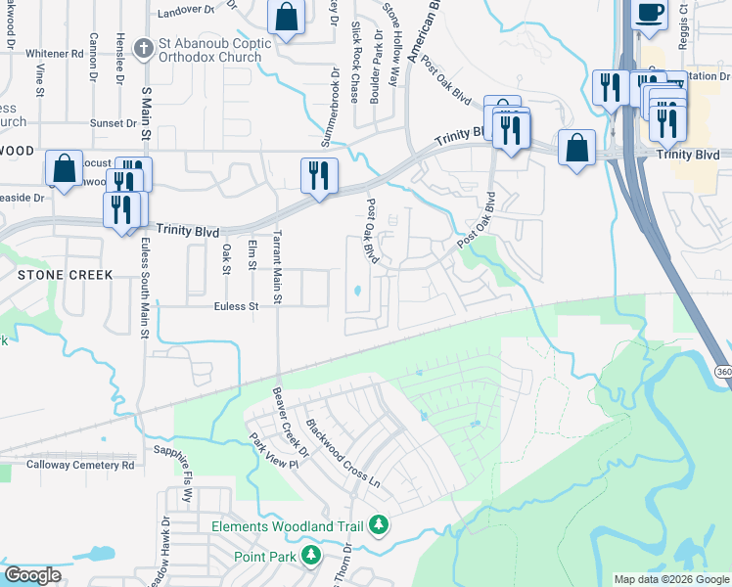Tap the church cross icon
pos(144,45)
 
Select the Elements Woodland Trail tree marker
pos(379,526)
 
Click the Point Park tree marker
pos(311,556)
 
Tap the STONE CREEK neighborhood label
pos(65,275)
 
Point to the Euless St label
pos(235,306)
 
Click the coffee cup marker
pos(650,14)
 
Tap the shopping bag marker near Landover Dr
pos(286,18)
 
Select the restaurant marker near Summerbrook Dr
pos(319,175)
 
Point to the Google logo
pos(32,575)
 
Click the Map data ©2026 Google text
pos(670,579)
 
